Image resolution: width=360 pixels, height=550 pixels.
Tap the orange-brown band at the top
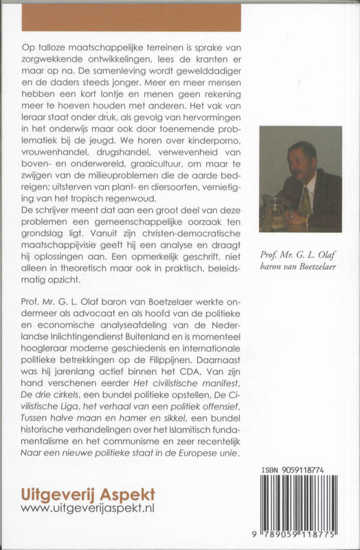click(131, 15)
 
